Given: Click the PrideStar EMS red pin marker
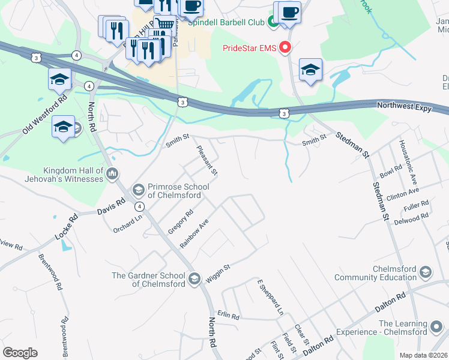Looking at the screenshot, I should coord(286,47).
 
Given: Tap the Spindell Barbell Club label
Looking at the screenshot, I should coord(226,23).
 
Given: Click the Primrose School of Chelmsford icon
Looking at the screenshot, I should coord(137,190).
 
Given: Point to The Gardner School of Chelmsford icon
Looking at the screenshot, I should coord(194,278).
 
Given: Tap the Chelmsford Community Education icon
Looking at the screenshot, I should coord(426,272).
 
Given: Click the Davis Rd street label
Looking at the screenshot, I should coord(111,207).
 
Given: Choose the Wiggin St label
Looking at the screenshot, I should coord(218,269).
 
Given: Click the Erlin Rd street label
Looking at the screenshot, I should coord(229,315).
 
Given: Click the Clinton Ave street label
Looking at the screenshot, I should coord(403,193).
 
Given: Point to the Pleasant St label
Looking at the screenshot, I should coord(207,160).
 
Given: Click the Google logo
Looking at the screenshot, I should coord(20,353).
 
